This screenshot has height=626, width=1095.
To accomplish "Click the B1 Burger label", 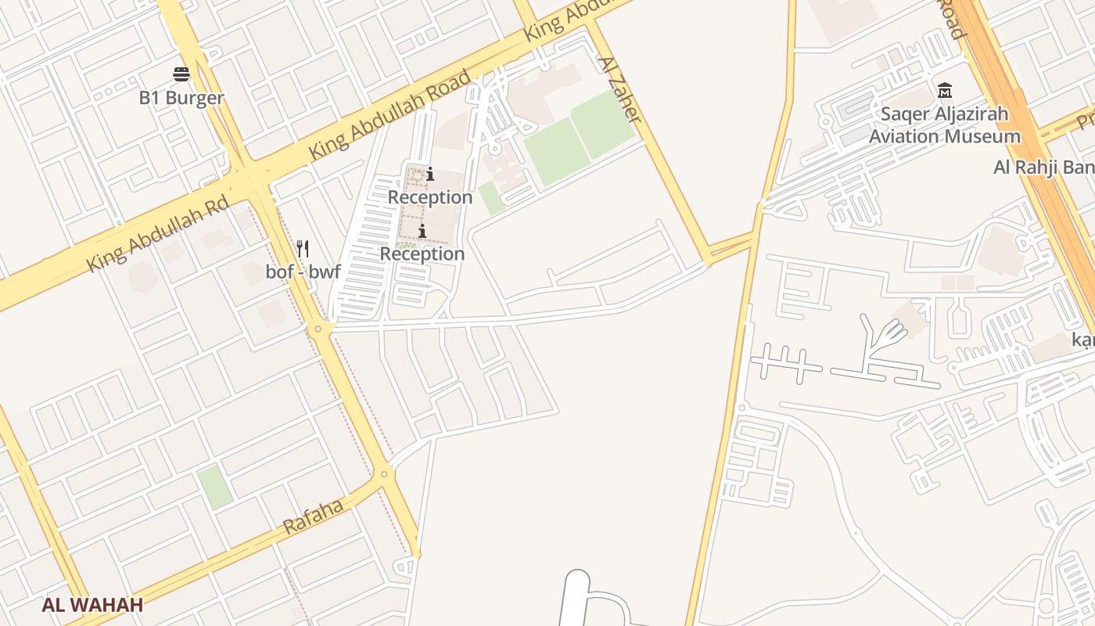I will pos(181,99).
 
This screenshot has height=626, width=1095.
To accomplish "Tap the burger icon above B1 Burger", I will pos(181,74).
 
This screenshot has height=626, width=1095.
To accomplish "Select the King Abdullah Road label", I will pos(391,114).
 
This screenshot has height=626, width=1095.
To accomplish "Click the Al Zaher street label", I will pos(619,89).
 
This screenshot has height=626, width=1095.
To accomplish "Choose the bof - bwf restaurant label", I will pos(303,273).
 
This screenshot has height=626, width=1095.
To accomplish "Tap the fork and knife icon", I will pos(303,250).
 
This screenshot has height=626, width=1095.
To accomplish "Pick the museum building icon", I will pos(945,90).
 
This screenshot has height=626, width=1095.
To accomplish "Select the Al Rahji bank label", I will pos(1044,167).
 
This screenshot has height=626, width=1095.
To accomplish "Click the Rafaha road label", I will pos(313,517).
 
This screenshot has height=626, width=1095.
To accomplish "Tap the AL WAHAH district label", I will pos(92,605).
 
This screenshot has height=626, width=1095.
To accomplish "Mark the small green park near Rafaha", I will pos(214,487).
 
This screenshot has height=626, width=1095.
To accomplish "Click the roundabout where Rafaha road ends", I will pos(384,473).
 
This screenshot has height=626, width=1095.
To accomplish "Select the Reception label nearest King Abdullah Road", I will pos(430,197).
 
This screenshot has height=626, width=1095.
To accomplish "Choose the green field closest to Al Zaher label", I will pos(602,123).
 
